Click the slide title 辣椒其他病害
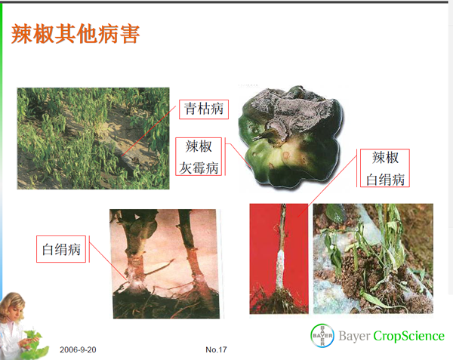click(x=75, y=34)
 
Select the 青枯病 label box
click(x=204, y=109)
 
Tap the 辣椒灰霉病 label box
click(x=199, y=157)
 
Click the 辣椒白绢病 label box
click(x=385, y=168)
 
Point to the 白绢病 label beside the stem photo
click(x=61, y=249)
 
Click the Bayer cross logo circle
click(x=322, y=335)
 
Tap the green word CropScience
click(x=408, y=336)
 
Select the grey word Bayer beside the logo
click(x=354, y=337)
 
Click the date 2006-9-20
click(x=78, y=349)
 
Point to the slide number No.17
click(x=216, y=349)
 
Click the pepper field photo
click(x=94, y=139)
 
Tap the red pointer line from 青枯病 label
click(x=149, y=131)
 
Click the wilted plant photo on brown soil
click(x=373, y=259)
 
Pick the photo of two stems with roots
click(x=165, y=264)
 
